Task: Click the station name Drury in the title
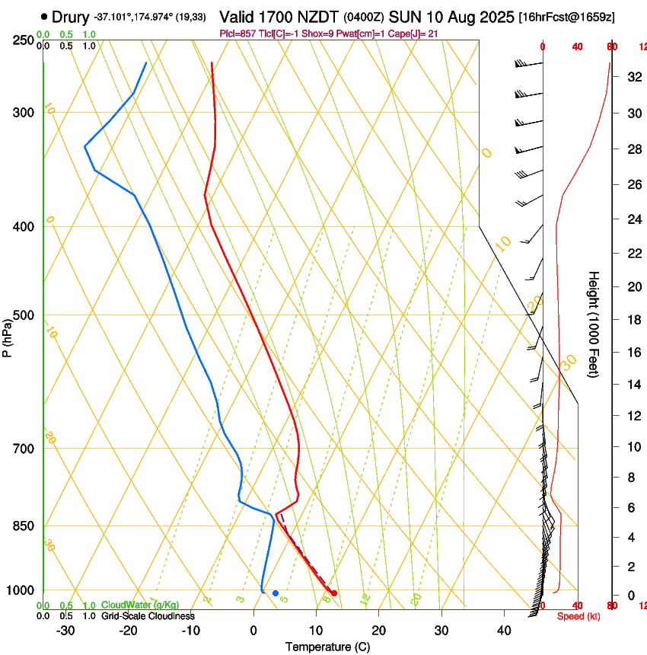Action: [71, 16]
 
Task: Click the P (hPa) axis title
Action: [7, 335]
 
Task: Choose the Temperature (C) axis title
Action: [327, 647]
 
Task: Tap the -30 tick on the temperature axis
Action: [65, 630]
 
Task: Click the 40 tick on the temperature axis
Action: [503, 630]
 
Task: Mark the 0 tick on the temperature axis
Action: [253, 630]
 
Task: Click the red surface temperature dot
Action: [333, 593]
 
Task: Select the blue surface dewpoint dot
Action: [276, 593]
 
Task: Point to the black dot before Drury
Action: [44, 16]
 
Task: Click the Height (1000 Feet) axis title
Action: [594, 324]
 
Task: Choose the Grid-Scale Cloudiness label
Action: [148, 615]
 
